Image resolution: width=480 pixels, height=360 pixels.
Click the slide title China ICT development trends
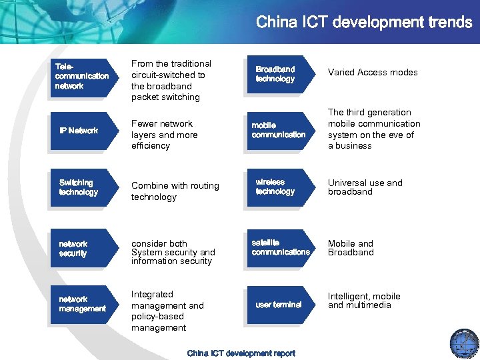(364, 22)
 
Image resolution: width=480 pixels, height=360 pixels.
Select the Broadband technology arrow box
(277, 74)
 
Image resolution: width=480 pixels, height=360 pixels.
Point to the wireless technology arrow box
(277, 187)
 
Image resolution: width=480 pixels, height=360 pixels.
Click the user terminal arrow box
(279, 305)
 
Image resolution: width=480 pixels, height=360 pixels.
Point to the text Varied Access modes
(373, 73)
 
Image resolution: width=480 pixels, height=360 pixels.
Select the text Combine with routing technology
(175, 191)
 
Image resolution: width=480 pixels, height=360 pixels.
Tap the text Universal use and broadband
(365, 187)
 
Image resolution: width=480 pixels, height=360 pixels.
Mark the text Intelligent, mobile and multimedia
(364, 301)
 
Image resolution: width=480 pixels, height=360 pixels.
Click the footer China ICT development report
(241, 353)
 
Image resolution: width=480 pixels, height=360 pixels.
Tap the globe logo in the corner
(464, 343)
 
